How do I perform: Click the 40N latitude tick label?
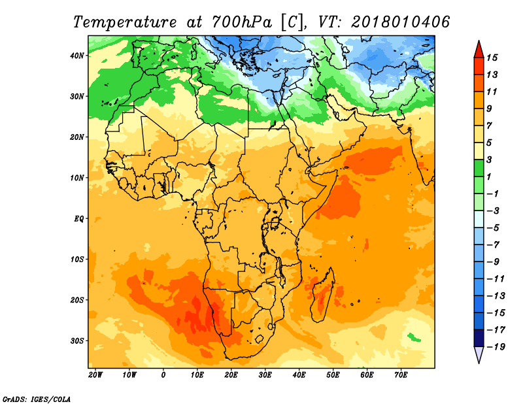coord(77,56)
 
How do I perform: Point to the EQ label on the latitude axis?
coord(78,219)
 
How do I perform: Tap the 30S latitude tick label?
coord(77,341)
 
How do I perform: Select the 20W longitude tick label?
coord(95,375)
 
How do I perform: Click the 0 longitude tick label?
coord(163,375)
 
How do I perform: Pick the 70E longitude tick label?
coord(401,375)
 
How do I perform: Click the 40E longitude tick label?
coord(299,375)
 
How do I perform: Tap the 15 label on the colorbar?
coord(492,58)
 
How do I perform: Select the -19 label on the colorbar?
coord(496,346)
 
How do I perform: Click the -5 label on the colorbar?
coord(494,228)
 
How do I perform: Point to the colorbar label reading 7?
coord(489,126)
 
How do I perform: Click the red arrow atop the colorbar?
coord(479,49)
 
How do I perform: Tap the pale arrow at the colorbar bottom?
coord(479,354)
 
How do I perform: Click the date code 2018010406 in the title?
coord(400,22)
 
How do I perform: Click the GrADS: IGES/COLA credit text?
coord(37,399)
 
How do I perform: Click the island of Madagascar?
coord(322,296)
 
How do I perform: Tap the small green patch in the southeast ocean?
coord(414,337)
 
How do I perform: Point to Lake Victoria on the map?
coord(275,222)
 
